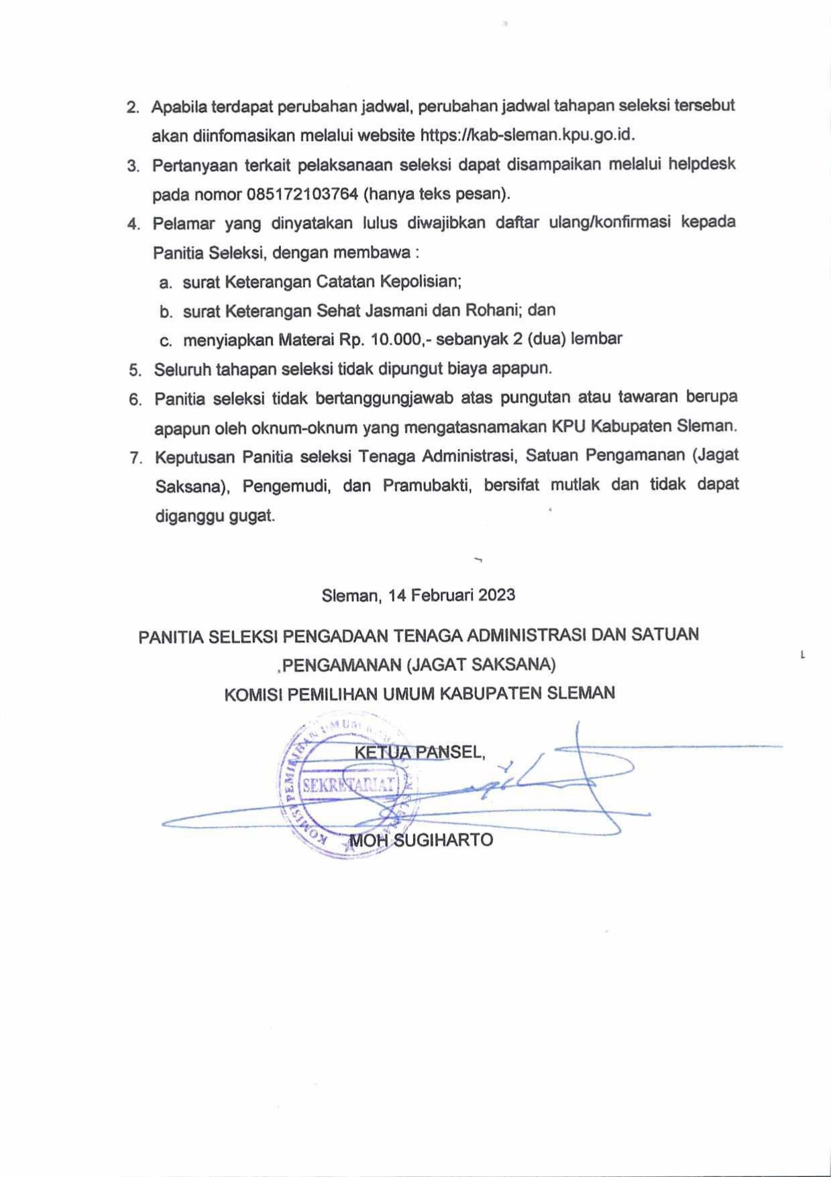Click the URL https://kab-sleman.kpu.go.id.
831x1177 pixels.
pyautogui.click(x=527, y=136)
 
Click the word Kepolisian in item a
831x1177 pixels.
pyautogui.click(x=421, y=282)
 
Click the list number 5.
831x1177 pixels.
pyautogui.click(x=135, y=370)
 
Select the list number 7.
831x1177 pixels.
pyautogui.click(x=135, y=458)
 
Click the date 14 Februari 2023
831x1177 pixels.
pyautogui.click(x=451, y=595)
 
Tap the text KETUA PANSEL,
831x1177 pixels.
pyautogui.click(x=419, y=752)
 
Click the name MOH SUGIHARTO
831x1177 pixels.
pyautogui.click(x=421, y=840)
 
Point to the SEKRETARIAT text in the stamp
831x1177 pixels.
pyautogui.click(x=349, y=785)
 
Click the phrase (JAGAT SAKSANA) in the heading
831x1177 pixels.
pyautogui.click(x=481, y=664)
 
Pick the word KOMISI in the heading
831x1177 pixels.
pyautogui.click(x=253, y=694)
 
